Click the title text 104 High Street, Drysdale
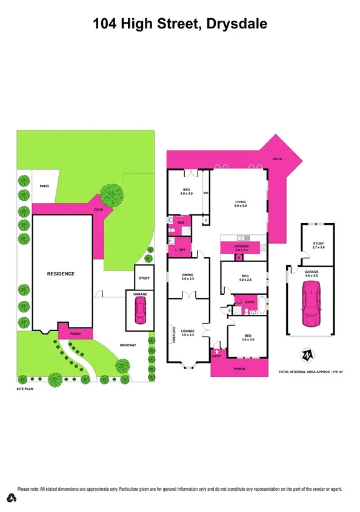tap(180, 24)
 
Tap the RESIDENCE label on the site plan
tap(61, 274)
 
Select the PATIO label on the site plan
tap(44, 186)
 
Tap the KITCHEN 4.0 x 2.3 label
tap(241, 248)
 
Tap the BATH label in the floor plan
tap(248, 301)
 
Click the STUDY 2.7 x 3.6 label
tap(318, 245)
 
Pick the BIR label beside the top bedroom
tap(206, 194)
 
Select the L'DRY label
tap(180, 250)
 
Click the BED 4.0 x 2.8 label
tap(244, 278)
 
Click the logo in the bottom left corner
tap(10, 498)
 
